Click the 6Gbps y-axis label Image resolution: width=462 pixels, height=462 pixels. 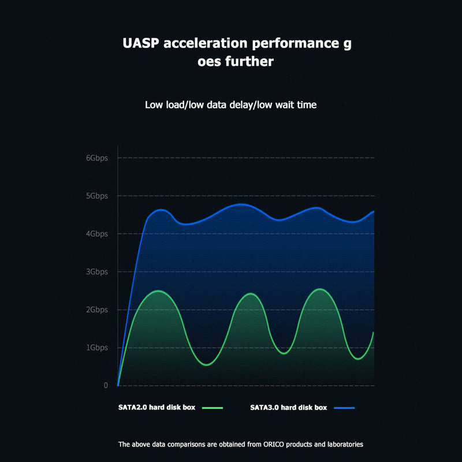tap(96, 158)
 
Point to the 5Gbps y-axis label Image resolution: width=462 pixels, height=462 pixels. tap(96, 196)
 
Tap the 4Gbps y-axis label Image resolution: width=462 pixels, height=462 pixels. tap(96, 234)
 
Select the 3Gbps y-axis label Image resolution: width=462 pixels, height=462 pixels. tap(96, 271)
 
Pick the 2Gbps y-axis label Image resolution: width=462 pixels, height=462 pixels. tap(96, 310)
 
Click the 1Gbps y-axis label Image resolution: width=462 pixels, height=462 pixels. tap(96, 348)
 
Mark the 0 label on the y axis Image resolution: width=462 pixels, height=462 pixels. tap(106, 385)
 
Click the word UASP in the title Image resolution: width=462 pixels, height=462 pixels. tap(141, 43)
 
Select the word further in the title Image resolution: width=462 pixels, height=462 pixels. tap(248, 61)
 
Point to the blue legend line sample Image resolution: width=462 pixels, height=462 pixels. tap(344, 408)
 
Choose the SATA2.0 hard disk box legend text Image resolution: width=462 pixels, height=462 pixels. tap(157, 407)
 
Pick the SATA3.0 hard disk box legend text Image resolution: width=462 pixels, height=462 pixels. tap(289, 407)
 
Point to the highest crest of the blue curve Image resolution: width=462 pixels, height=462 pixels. tap(241, 204)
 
